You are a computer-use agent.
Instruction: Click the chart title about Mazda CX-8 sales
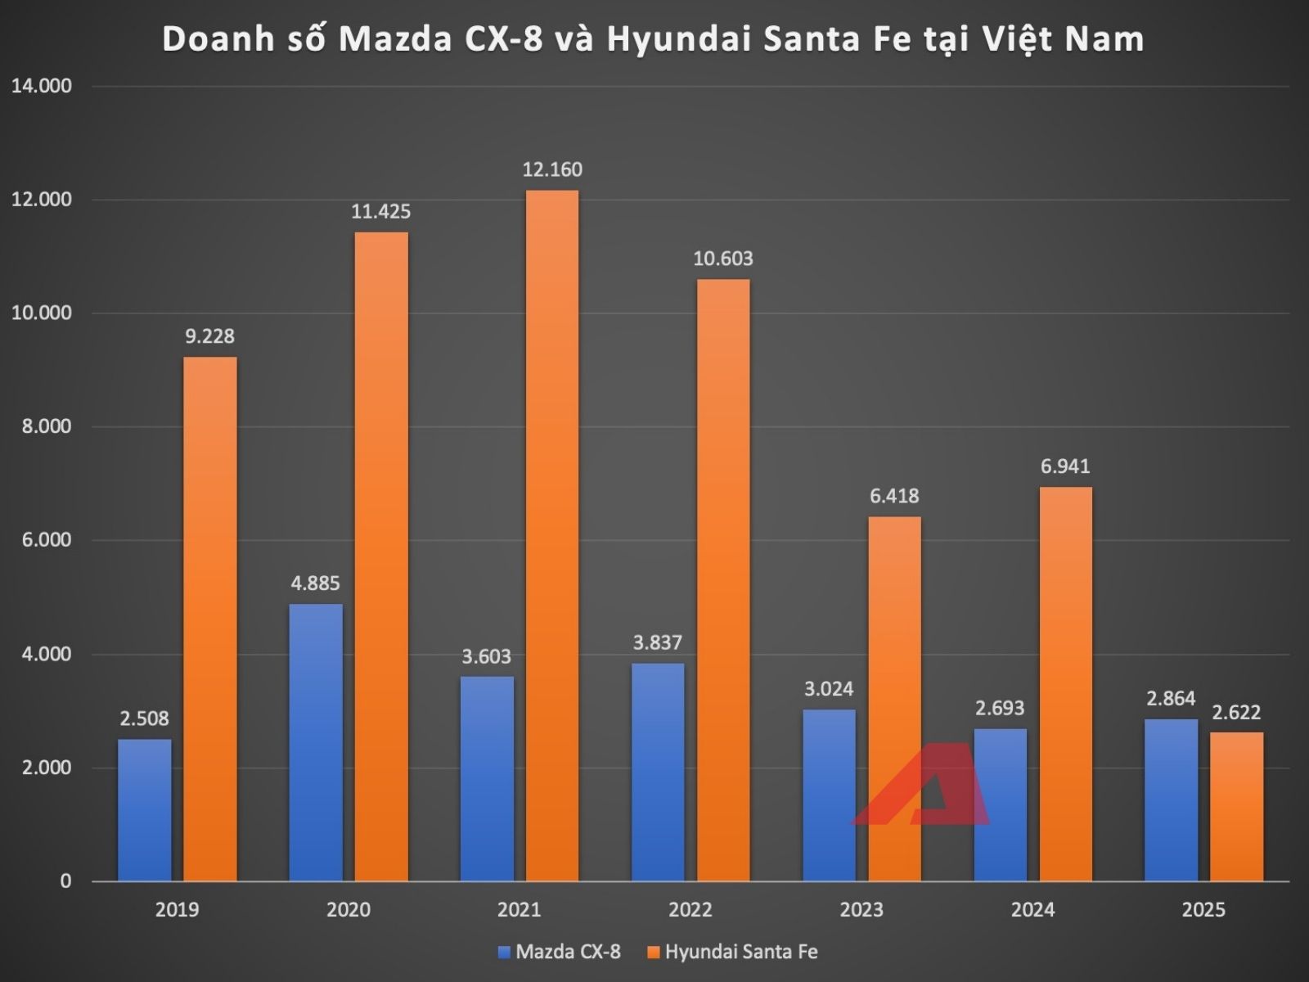(653, 39)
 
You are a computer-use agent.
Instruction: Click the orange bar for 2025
(1236, 806)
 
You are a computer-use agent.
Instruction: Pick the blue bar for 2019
(145, 810)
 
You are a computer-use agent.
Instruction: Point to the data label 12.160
(552, 170)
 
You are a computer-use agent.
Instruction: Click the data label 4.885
(315, 583)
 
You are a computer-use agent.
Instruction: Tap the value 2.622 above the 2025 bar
(1236, 712)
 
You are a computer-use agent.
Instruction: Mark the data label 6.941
(1065, 466)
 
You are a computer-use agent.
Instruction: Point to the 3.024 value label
(829, 689)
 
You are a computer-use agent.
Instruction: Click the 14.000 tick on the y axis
(41, 86)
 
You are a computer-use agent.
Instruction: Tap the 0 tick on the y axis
(65, 881)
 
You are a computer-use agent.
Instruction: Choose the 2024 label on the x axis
(1032, 910)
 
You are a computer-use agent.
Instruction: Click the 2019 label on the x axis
(177, 910)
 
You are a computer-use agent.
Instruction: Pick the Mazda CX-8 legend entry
(560, 952)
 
